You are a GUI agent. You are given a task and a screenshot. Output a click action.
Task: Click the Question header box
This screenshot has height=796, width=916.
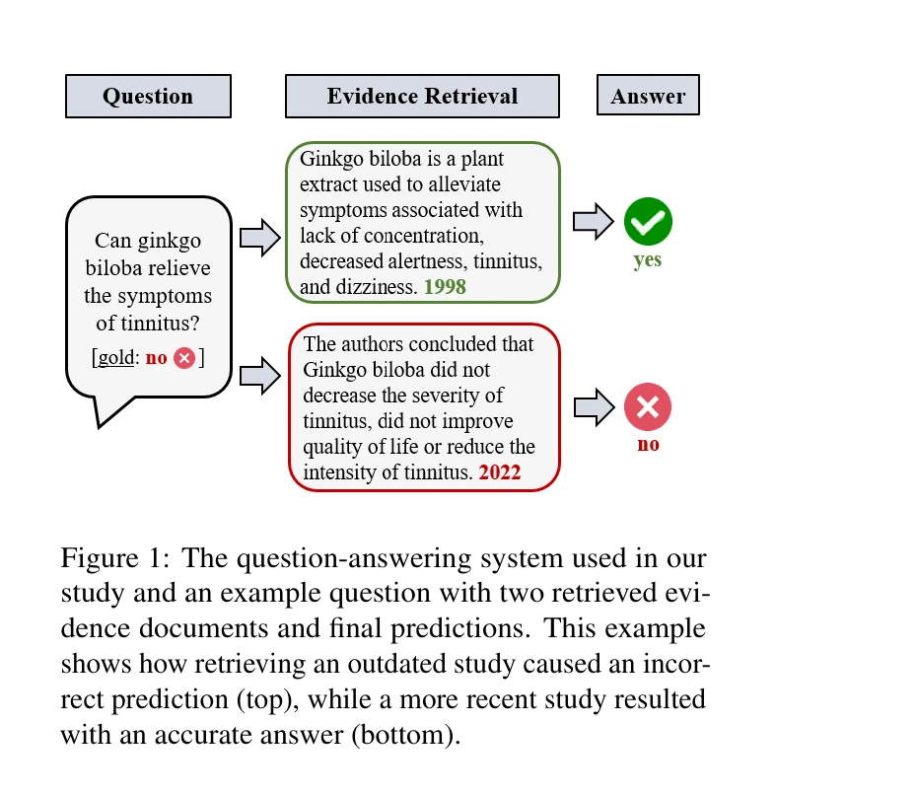[148, 97]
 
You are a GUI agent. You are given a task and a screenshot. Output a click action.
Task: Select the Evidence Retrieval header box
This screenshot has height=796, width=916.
[422, 97]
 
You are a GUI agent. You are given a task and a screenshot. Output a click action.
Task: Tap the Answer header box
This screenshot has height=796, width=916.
[648, 97]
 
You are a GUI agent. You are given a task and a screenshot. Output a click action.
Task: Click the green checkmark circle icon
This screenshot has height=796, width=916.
[648, 221]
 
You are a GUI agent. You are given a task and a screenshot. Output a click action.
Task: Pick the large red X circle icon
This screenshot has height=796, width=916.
[648, 407]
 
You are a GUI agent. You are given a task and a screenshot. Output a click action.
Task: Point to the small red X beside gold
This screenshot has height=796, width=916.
[184, 358]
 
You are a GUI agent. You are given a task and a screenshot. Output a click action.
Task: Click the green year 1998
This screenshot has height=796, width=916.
[445, 287]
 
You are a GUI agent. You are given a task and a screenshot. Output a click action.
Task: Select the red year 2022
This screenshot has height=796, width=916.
[500, 472]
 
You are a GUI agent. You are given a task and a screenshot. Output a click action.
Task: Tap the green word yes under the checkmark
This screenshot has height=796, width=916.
[648, 260]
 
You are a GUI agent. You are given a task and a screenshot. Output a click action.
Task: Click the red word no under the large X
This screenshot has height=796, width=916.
[648, 445]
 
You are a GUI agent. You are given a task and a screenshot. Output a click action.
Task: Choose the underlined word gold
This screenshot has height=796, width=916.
[115, 358]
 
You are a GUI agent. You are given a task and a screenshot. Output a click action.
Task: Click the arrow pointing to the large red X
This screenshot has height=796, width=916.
[593, 407]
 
